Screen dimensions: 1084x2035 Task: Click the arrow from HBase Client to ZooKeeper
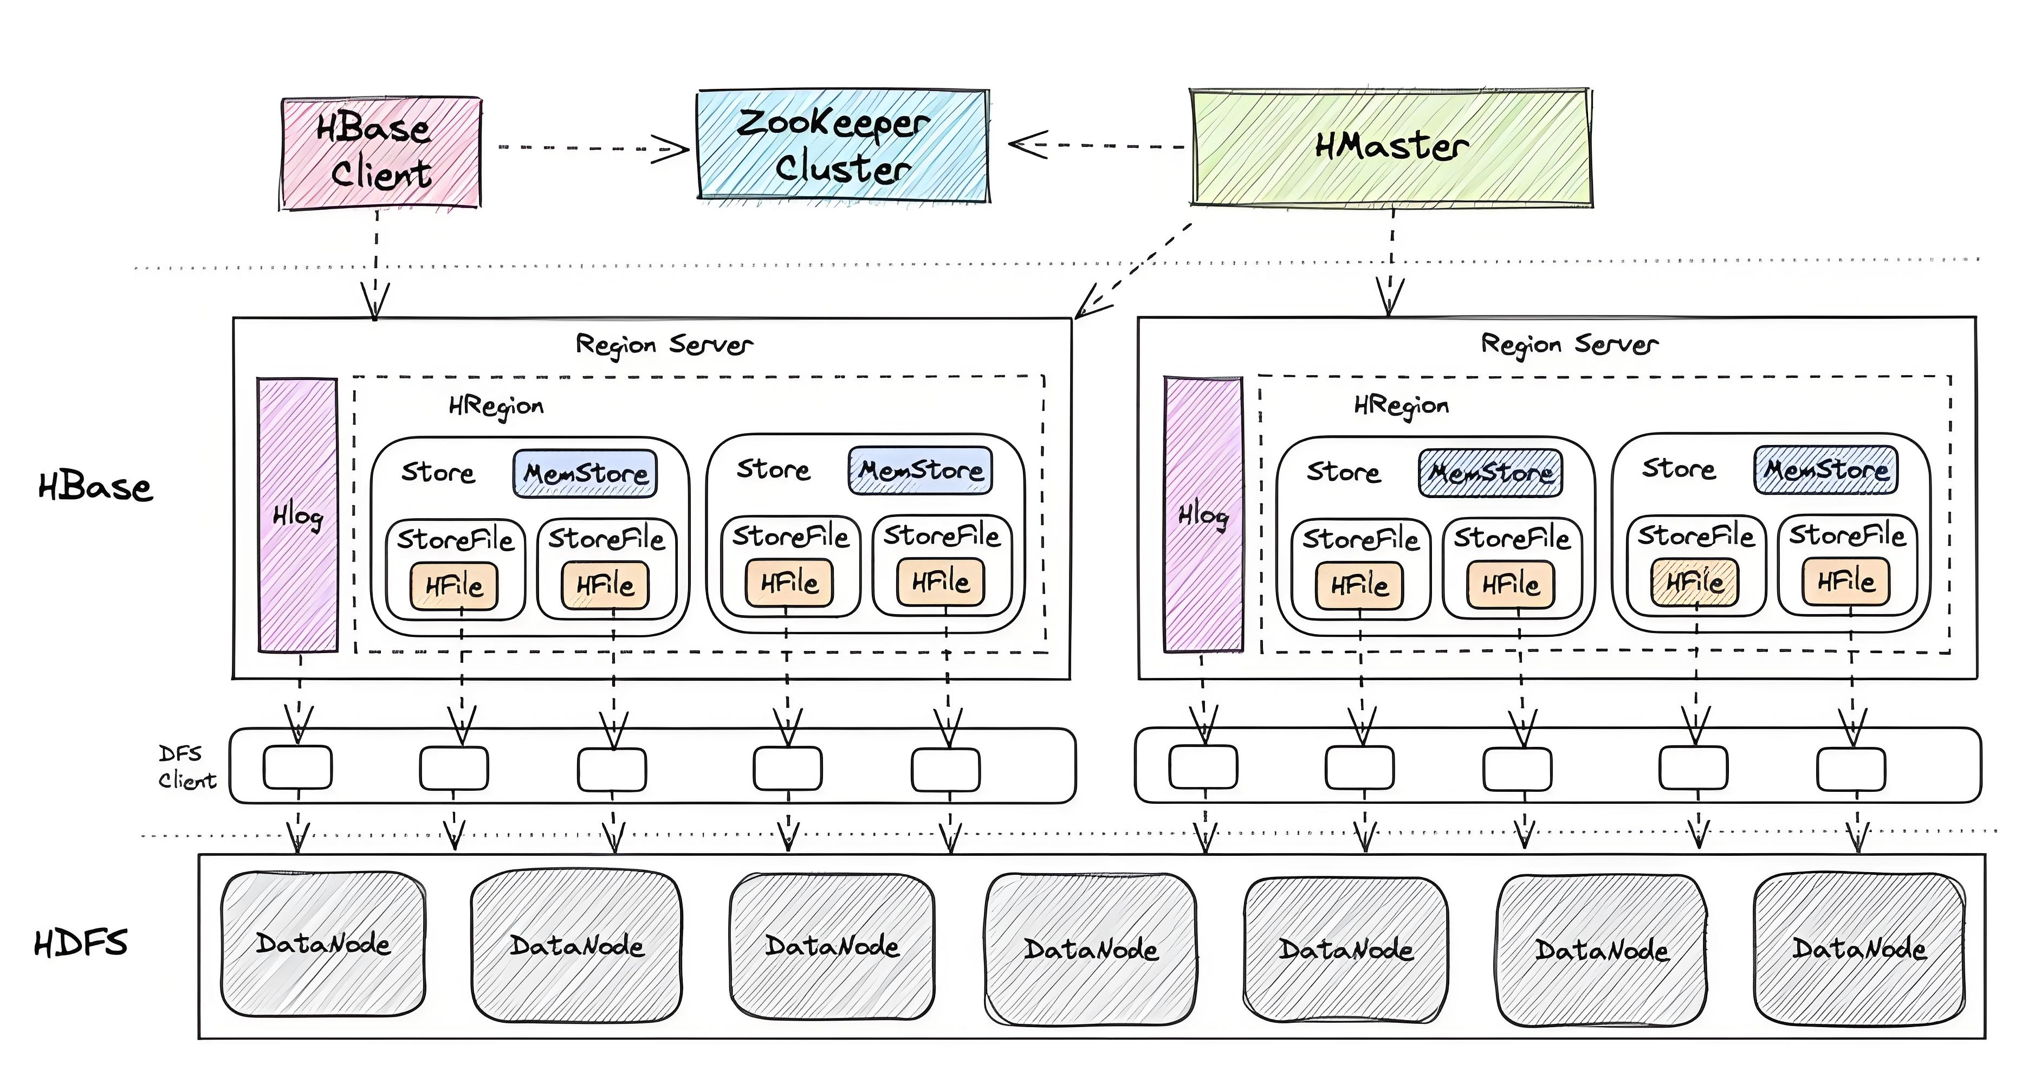pos(593,148)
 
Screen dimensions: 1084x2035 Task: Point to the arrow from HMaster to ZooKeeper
pos(1098,145)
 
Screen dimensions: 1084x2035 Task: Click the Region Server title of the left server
pos(664,345)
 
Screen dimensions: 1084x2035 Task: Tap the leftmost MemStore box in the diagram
pos(585,473)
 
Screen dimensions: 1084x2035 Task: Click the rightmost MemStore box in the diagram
pos(1826,470)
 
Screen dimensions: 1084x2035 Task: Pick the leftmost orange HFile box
pos(453,585)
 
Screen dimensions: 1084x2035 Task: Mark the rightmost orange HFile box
pos(1845,582)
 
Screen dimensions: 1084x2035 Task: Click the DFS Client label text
pos(186,767)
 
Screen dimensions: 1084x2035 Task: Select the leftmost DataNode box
pos(323,944)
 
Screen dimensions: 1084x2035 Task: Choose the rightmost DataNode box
pos(1858,947)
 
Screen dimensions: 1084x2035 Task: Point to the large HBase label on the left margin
pos(95,487)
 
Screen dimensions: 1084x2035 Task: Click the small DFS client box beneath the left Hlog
pos(298,767)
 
